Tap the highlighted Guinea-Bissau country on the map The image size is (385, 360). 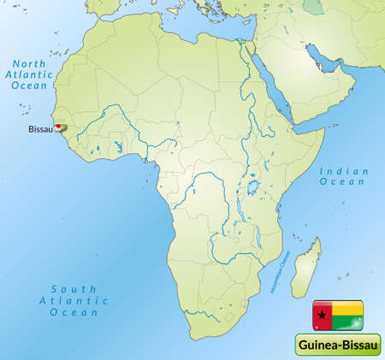pos(60,127)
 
